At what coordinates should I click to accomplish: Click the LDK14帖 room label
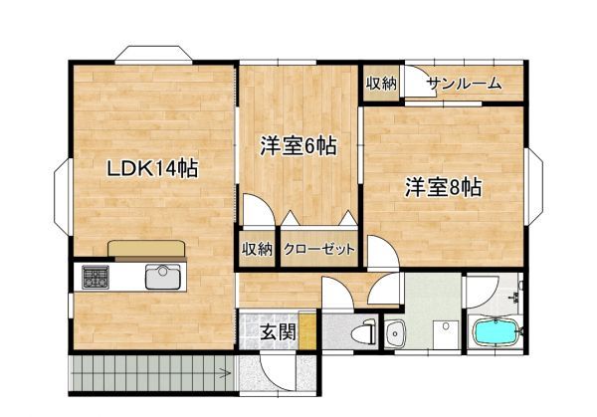click(x=152, y=169)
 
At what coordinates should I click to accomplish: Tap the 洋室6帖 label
click(x=298, y=146)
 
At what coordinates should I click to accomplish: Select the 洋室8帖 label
click(x=443, y=187)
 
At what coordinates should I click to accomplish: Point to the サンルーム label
click(x=464, y=85)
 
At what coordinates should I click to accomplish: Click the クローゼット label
click(x=318, y=250)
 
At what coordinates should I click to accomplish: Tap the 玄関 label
click(x=278, y=331)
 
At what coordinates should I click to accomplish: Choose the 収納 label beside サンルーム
click(x=381, y=85)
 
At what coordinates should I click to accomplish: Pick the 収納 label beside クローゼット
click(x=257, y=250)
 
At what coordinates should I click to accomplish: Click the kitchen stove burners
click(x=97, y=278)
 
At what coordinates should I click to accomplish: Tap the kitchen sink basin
click(x=163, y=277)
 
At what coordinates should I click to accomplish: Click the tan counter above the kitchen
click(x=147, y=249)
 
